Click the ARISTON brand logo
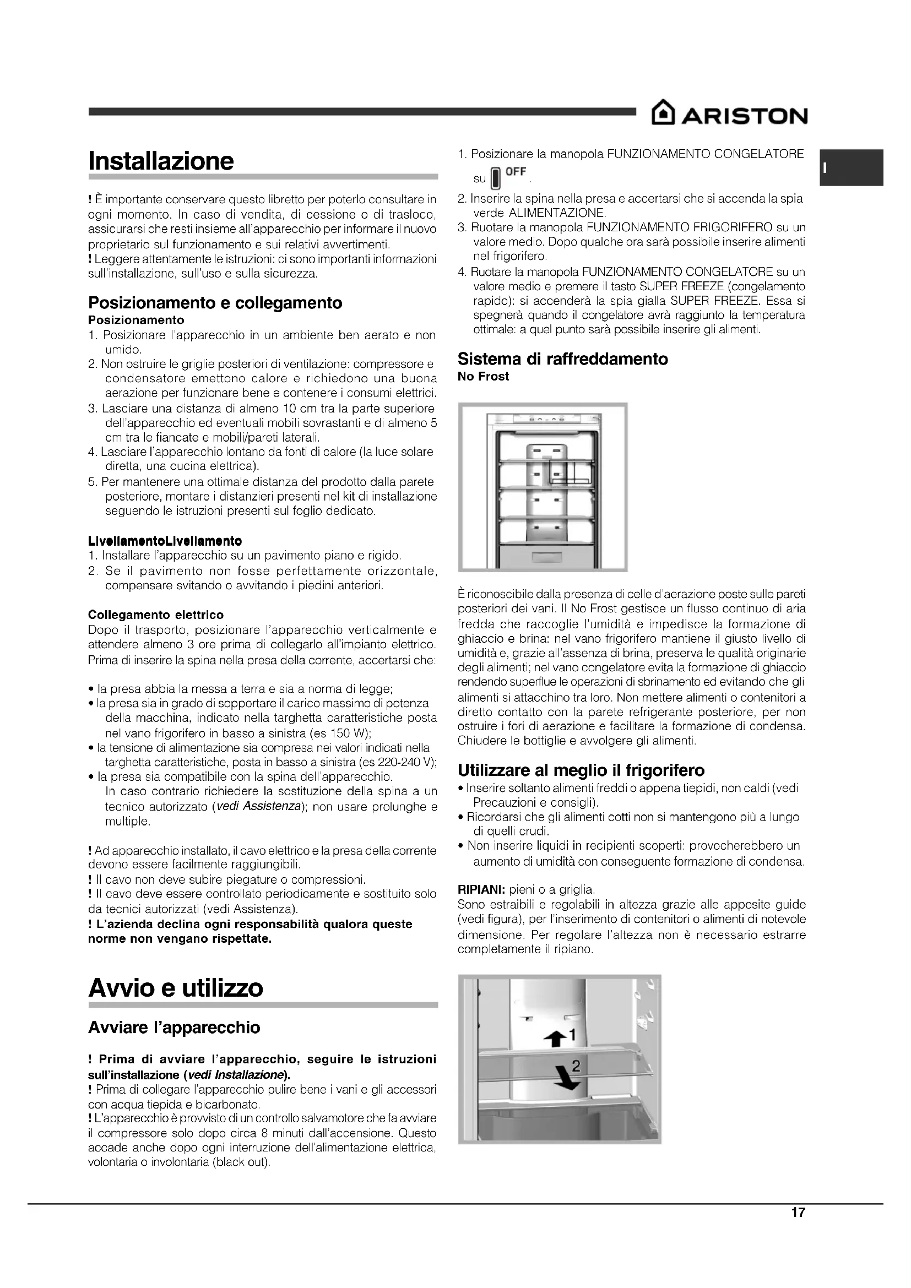[729, 116]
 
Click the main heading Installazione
[161, 161]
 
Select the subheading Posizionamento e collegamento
[215, 303]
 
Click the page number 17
[798, 1213]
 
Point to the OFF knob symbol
[495, 178]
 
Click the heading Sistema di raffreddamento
[563, 359]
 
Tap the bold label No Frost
[483, 377]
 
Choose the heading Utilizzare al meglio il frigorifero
[581, 770]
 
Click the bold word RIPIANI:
[481, 889]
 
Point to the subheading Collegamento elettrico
[155, 615]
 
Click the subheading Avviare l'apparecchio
[174, 1028]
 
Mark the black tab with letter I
[852, 168]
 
